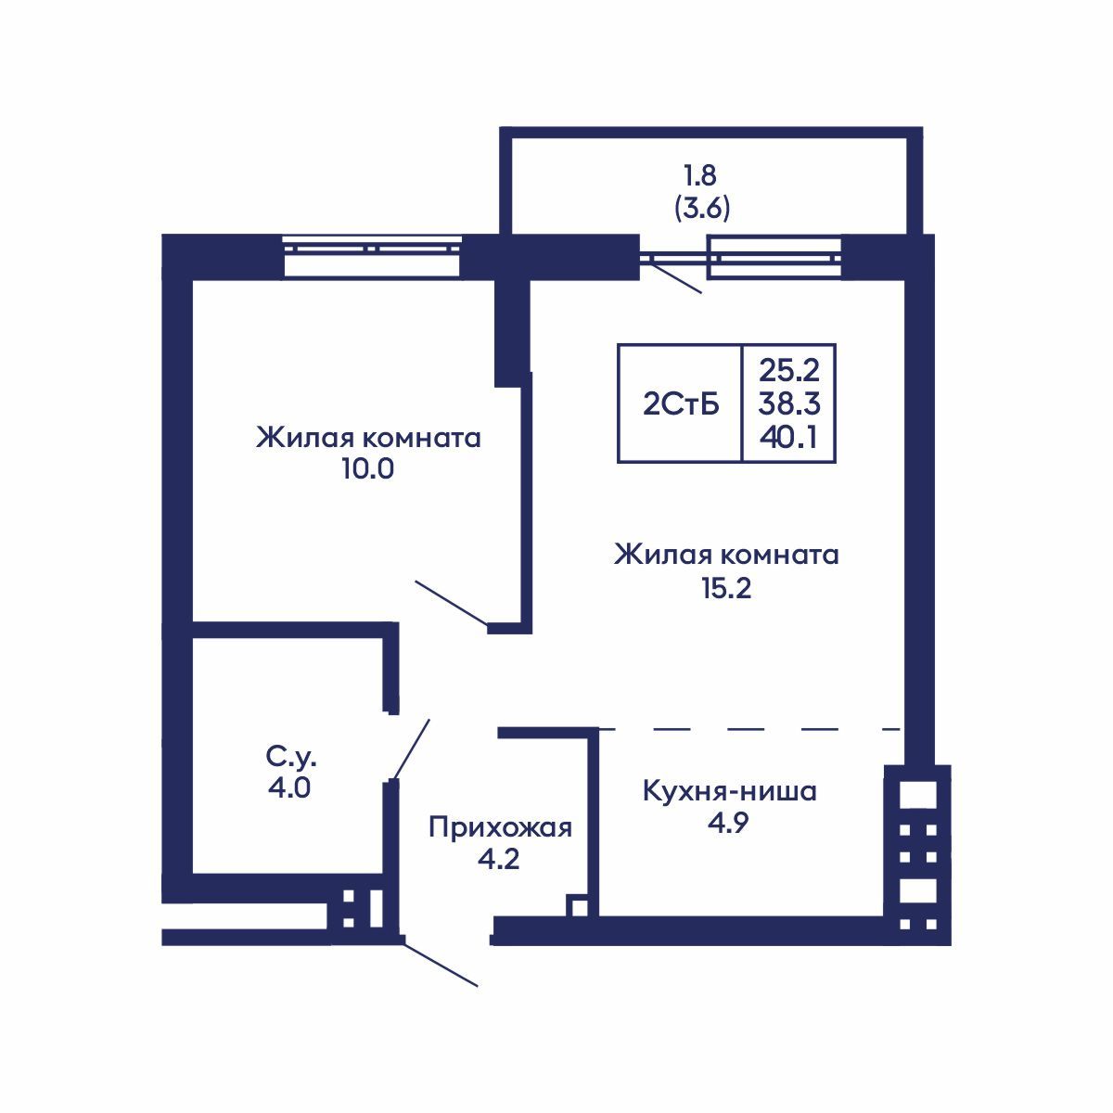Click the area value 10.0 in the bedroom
(367, 469)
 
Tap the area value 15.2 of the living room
(725, 587)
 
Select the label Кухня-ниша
(729, 792)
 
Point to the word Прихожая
(500, 827)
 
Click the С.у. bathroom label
(292, 758)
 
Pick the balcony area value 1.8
(701, 174)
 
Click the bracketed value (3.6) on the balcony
(701, 208)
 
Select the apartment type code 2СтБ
(680, 403)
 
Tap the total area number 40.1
(787, 437)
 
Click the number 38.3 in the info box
(788, 403)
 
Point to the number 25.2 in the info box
(788, 370)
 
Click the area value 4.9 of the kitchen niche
(728, 825)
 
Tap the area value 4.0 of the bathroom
(291, 789)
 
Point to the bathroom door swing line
(411, 749)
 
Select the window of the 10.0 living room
(372, 256)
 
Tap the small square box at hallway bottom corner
(576, 906)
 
